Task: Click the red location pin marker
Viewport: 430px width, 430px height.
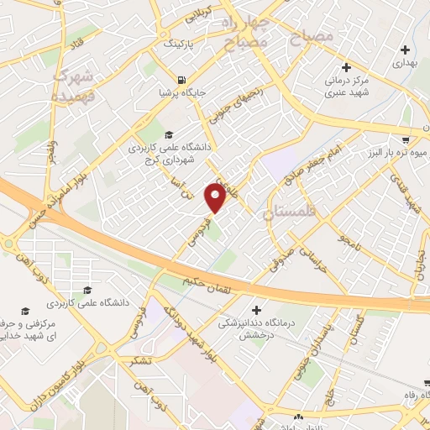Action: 216,197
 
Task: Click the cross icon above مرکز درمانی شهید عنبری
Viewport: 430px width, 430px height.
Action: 346,66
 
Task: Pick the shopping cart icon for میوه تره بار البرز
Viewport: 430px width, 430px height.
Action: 406,139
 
